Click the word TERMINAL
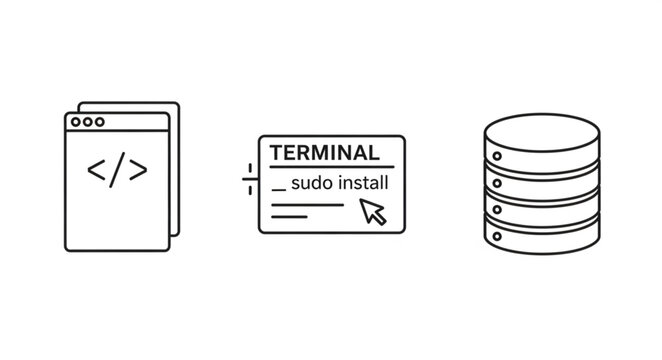pyautogui.click(x=325, y=154)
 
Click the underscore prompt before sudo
pyautogui.click(x=278, y=190)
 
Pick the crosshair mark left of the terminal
pyautogui.click(x=249, y=180)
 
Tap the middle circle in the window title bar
pyautogui.click(x=87, y=123)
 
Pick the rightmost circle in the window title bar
pyautogui.click(x=98, y=123)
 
